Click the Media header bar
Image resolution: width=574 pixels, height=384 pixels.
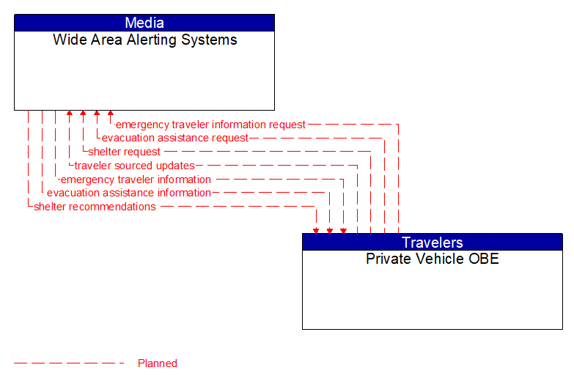tap(144, 23)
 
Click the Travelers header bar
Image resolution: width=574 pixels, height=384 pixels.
tap(433, 243)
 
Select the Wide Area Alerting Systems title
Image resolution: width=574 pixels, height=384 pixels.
tap(144, 40)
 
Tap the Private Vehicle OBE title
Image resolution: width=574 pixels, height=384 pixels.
tap(433, 259)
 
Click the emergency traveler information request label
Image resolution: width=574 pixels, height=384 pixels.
tap(211, 125)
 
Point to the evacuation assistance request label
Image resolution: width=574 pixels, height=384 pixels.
tap(175, 138)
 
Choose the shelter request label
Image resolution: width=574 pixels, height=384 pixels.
tap(125, 152)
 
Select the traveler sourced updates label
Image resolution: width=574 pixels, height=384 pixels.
tap(134, 166)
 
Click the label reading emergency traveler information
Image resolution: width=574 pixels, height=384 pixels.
tap(136, 180)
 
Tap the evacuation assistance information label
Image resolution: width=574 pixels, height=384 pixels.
tap(129, 193)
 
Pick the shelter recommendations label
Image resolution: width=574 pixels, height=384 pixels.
tap(95, 207)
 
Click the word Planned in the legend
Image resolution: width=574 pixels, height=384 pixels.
tap(158, 363)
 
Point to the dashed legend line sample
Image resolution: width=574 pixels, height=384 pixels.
tap(69, 363)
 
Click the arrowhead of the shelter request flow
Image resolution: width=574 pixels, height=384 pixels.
tap(83, 114)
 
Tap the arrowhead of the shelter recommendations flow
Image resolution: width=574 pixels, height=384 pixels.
tap(316, 230)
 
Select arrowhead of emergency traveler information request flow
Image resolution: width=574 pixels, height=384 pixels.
tap(110, 114)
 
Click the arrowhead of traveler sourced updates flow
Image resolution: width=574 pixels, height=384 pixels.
tap(69, 114)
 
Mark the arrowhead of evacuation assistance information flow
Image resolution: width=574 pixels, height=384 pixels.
tap(329, 230)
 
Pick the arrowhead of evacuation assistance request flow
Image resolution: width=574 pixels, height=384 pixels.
tap(97, 114)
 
